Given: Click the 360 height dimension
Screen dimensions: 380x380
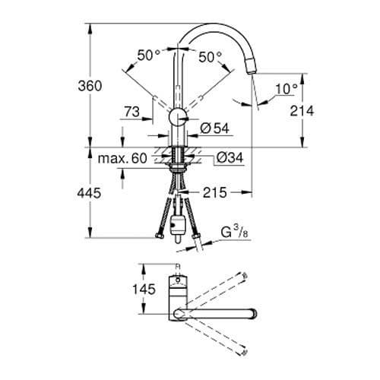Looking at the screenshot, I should (x=90, y=86).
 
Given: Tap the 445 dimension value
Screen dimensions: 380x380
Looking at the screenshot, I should (x=90, y=195).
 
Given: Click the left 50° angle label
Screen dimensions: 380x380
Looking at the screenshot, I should (x=149, y=55).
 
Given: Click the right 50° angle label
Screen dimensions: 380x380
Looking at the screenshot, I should (x=210, y=55).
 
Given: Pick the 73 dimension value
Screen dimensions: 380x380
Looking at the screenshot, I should (x=131, y=112).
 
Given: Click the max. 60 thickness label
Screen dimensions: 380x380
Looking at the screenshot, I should (x=122, y=159).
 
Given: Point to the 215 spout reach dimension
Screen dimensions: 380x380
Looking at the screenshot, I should (x=214, y=195).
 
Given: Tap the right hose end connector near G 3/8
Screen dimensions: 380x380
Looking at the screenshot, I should (x=198, y=245).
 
